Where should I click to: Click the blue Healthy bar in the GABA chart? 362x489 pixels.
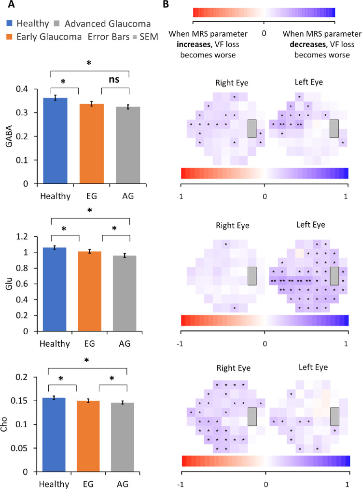[55, 141]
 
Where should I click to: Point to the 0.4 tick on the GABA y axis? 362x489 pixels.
[22, 89]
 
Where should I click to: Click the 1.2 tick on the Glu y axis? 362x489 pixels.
[22, 237]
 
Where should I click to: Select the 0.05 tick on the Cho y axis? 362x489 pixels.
[19, 448]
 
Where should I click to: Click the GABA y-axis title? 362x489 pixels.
[9, 136]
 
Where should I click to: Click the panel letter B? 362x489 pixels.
[166, 4]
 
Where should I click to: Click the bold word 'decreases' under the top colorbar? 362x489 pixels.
[307, 44]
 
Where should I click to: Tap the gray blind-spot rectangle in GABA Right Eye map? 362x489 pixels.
[252, 128]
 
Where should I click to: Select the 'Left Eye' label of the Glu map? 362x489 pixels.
[311, 225]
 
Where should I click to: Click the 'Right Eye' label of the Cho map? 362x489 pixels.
[234, 368]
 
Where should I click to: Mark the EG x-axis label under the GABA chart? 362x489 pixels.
[91, 196]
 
